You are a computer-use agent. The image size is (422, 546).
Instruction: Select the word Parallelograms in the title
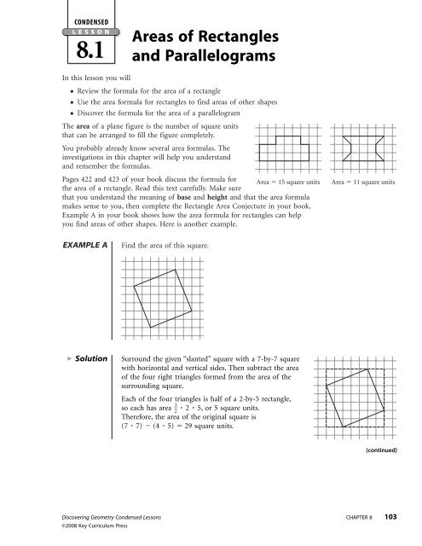click(196, 60)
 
